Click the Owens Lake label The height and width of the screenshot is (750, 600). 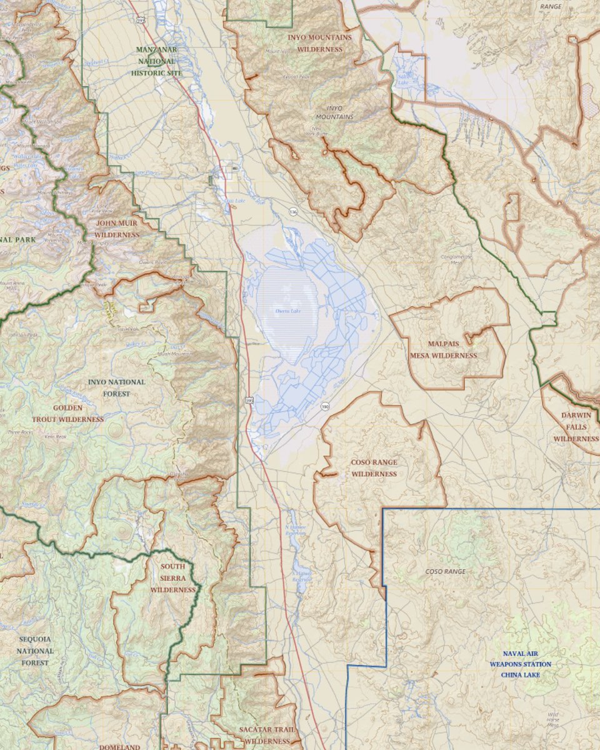(x=287, y=311)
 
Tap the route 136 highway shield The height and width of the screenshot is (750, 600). (x=292, y=212)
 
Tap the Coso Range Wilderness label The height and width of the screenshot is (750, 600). (x=374, y=468)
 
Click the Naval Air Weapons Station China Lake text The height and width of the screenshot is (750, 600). (x=520, y=664)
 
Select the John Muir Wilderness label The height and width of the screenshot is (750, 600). (x=117, y=228)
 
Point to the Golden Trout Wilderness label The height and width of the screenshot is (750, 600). (x=78, y=413)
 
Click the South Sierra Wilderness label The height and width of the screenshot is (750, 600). (x=173, y=578)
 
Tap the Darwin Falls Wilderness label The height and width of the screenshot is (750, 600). (x=576, y=428)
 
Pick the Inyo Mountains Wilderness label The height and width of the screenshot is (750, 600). (x=319, y=42)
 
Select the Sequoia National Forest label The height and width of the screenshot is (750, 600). (x=35, y=651)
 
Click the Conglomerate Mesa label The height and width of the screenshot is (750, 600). (x=457, y=259)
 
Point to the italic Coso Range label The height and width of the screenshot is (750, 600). (x=445, y=571)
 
